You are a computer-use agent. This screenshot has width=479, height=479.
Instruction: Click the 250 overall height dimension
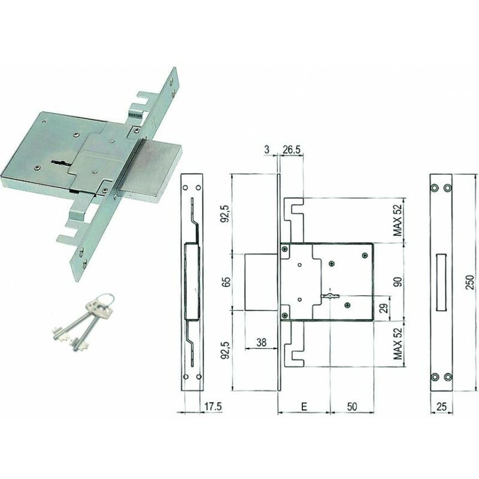coord(471,282)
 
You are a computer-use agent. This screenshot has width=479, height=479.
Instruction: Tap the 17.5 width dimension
coord(213,407)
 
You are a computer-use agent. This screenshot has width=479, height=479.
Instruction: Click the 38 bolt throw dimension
coord(262,342)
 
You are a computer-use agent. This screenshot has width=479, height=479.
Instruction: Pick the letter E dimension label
coord(304,407)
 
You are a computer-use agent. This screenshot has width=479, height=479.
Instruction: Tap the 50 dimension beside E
coord(352,407)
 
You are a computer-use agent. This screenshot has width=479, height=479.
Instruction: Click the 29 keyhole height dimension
coord(385,308)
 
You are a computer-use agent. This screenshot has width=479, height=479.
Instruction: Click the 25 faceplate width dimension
coord(441,407)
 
